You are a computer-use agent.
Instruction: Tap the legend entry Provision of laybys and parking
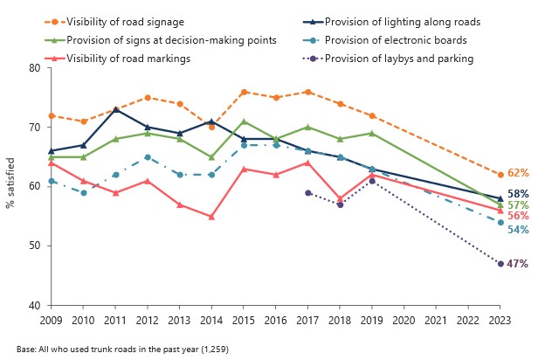point(398,59)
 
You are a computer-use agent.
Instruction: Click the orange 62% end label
point(519,173)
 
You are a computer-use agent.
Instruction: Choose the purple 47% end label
point(519,264)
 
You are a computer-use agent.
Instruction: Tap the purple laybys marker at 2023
point(500,263)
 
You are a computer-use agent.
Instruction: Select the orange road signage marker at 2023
point(500,174)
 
